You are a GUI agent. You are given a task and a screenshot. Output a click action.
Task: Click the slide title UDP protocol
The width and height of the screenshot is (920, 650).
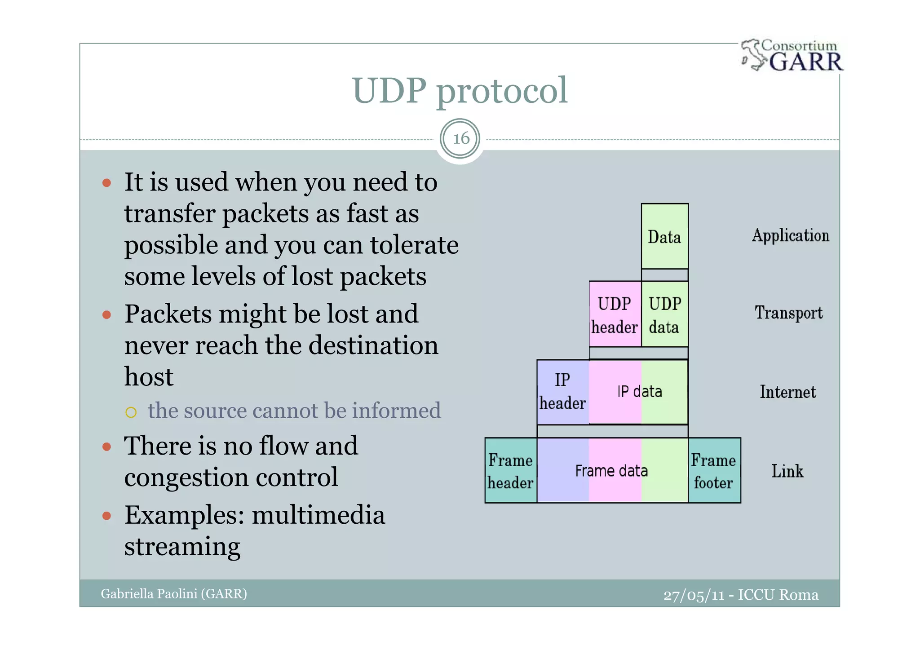click(460, 90)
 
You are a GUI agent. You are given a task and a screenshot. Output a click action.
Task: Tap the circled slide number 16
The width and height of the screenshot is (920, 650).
click(460, 138)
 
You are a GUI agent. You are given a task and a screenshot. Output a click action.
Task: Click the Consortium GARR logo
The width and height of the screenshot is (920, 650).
click(792, 56)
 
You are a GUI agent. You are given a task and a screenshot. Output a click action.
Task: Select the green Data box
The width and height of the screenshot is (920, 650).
click(664, 236)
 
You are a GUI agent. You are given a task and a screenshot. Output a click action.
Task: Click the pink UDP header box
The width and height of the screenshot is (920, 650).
click(615, 314)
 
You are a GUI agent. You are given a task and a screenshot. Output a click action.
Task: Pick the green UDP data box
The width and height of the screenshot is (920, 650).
click(664, 314)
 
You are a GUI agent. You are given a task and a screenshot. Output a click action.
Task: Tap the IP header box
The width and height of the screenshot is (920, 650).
click(562, 392)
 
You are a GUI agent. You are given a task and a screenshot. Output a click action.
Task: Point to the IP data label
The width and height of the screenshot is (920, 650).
click(639, 392)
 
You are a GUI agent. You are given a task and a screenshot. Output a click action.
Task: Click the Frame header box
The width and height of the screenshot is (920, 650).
click(511, 471)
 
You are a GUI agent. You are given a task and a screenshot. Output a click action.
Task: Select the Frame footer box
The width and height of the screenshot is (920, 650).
click(714, 471)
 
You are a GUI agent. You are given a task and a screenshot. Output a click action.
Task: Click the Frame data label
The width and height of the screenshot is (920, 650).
click(611, 471)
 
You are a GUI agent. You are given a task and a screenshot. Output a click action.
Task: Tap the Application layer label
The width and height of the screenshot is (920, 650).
click(790, 236)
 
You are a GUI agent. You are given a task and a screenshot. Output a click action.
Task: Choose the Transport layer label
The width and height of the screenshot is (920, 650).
click(788, 313)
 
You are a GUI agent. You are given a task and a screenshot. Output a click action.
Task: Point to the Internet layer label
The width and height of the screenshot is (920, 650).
click(787, 392)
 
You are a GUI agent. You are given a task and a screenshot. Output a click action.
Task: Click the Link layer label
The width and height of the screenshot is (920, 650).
click(787, 471)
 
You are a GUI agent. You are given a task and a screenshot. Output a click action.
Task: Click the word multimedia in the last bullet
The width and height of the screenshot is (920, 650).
click(318, 515)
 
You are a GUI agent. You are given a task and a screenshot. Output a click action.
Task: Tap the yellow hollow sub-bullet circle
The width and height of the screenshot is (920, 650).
click(131, 412)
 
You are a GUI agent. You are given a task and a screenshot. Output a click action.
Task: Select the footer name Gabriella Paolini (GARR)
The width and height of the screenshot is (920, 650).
click(174, 594)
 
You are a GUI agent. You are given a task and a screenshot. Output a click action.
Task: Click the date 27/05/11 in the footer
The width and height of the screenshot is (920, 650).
click(694, 595)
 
